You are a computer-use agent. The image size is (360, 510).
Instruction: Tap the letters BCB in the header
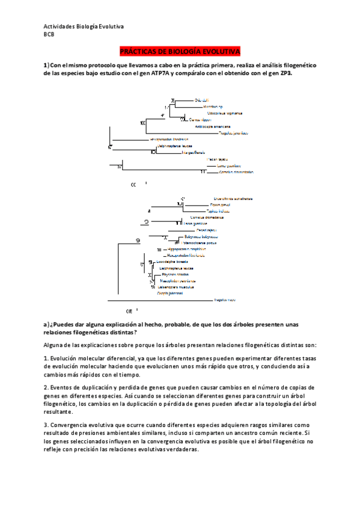point(49,34)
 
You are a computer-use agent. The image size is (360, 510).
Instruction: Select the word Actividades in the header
point(61,26)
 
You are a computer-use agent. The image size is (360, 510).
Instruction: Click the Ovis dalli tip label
point(201,100)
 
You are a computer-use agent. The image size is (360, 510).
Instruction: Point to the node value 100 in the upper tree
point(142,123)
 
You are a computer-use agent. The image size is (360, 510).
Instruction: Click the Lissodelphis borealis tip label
point(172,262)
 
